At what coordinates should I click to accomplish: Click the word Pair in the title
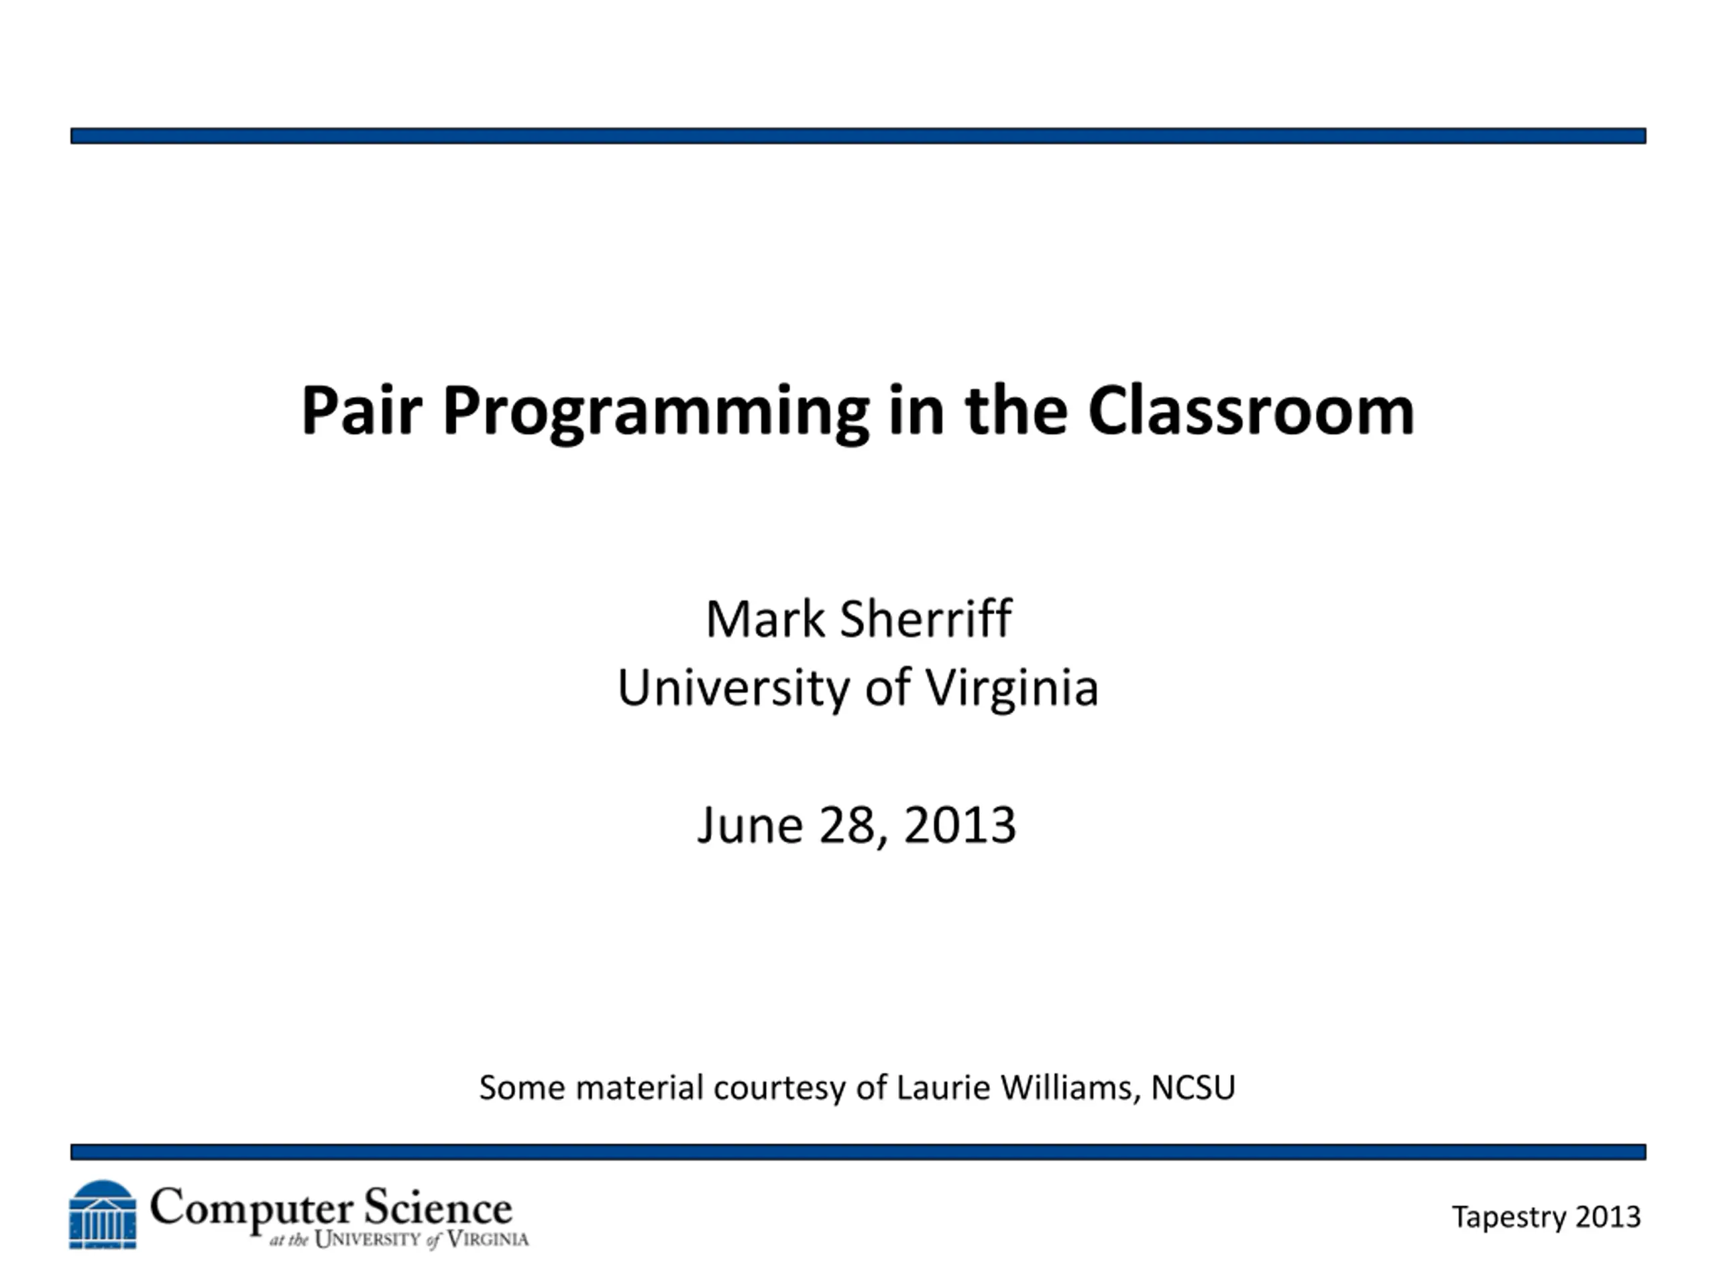pyautogui.click(x=362, y=409)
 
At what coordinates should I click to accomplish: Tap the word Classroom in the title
pyautogui.click(x=1252, y=409)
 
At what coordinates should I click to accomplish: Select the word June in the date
pyautogui.click(x=750, y=825)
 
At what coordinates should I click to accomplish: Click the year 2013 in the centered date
pyautogui.click(x=959, y=825)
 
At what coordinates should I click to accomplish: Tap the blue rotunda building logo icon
pyautogui.click(x=103, y=1214)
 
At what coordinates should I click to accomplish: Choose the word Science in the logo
pyautogui.click(x=438, y=1208)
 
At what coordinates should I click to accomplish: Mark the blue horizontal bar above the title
pyautogui.click(x=858, y=136)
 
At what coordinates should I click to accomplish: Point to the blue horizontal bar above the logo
pyautogui.click(x=858, y=1151)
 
